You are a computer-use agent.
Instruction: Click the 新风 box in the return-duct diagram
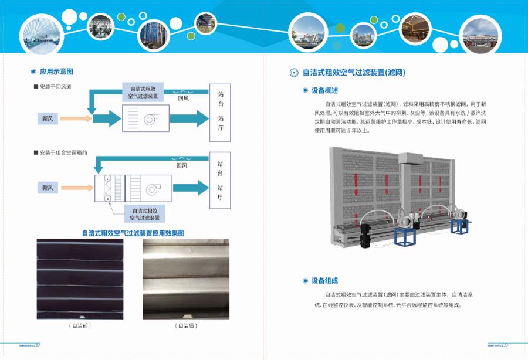click(x=47, y=118)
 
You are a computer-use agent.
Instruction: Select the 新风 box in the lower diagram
click(x=47, y=188)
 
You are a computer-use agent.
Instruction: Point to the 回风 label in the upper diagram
click(x=183, y=99)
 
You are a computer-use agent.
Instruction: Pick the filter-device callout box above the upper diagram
click(x=144, y=91)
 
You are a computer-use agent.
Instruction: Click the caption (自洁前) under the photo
click(x=80, y=325)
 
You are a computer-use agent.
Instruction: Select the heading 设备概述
click(x=324, y=90)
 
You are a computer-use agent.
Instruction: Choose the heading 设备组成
click(x=324, y=280)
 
